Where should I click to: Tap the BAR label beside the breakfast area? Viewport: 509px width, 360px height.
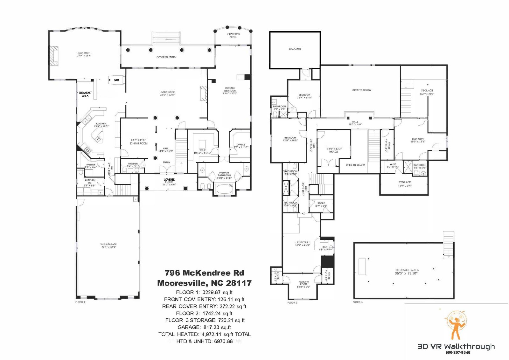[116, 80]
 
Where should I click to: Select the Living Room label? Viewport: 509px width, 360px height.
[167, 92]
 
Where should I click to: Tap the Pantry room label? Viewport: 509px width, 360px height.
[91, 165]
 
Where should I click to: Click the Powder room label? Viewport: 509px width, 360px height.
[133, 164]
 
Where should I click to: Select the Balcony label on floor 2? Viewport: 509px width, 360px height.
[295, 49]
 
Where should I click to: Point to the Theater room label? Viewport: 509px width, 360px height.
[303, 242]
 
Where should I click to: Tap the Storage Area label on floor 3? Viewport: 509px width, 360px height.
[407, 270]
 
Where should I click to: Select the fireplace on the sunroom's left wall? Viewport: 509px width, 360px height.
[54, 56]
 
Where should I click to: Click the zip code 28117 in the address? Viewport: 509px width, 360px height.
[239, 283]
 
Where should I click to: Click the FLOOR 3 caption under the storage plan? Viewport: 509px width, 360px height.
[358, 302]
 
